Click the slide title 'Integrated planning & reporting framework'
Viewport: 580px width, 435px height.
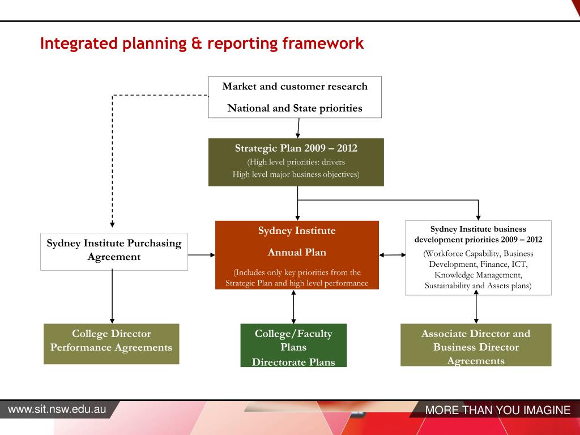tap(202, 44)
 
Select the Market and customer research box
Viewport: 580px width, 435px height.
tap(295, 97)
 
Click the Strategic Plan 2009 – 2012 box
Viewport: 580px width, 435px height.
tap(296, 162)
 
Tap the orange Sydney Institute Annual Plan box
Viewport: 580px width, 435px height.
tap(297, 255)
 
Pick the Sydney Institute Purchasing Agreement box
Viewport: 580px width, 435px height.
tap(114, 250)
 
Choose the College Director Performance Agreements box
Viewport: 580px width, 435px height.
tap(111, 343)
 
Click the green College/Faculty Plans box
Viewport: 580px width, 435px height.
tap(293, 345)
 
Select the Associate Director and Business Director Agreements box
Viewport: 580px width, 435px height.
tap(476, 344)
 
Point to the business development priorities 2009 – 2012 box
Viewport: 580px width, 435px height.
tap(478, 258)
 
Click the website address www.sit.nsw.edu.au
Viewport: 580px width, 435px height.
tap(57, 409)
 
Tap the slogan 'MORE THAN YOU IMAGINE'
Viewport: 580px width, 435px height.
tap(498, 411)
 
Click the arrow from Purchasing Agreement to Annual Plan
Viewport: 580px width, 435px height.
tap(201, 255)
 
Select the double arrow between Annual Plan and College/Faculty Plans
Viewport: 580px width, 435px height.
tap(293, 306)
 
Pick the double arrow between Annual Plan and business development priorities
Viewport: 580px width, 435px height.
tap(392, 255)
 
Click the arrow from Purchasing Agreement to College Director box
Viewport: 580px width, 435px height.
tap(112, 296)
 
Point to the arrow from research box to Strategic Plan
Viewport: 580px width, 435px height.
tap(298, 128)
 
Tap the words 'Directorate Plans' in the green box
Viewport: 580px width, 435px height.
tap(293, 362)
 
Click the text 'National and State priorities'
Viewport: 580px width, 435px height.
tap(295, 108)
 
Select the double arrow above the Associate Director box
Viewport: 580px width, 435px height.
tap(476, 309)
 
